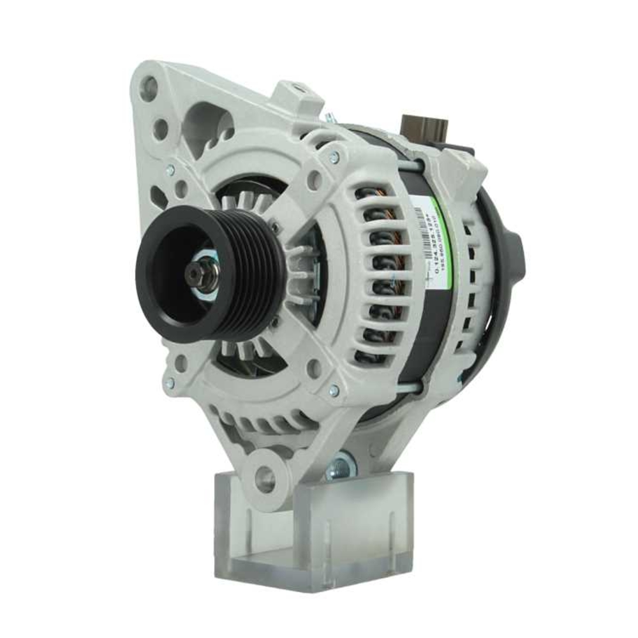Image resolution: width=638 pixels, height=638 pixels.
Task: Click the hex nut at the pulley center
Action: tap(195, 274)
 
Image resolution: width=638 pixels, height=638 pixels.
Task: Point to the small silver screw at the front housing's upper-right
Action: tap(334, 155)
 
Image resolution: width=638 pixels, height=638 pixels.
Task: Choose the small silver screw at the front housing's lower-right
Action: tap(333, 391)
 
